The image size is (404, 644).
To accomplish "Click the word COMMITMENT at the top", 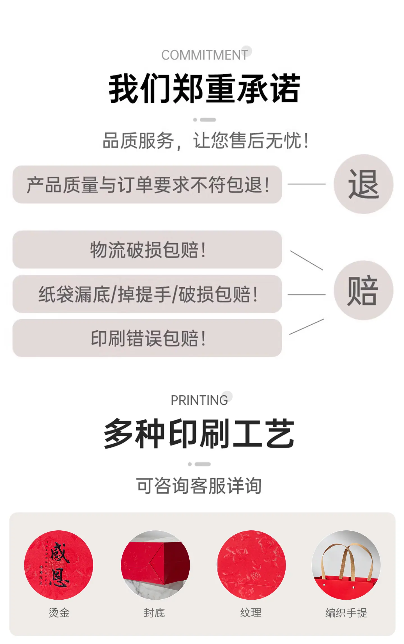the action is (x=205, y=55).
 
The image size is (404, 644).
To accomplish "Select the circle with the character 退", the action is (x=363, y=184).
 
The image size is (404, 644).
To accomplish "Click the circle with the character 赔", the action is (x=363, y=290).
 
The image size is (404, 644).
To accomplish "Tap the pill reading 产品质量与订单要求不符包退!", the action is (x=147, y=184).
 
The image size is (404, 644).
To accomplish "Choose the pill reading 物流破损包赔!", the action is (x=147, y=249).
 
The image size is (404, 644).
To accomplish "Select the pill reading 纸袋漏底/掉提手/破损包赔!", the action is (x=147, y=294).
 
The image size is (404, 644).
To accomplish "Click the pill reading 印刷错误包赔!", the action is (x=147, y=338).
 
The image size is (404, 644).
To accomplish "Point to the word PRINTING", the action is (x=199, y=400).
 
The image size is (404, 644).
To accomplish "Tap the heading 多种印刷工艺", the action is (x=199, y=434).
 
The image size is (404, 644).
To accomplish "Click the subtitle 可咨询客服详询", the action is (x=199, y=486).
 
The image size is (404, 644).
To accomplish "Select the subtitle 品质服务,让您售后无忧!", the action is (x=206, y=141).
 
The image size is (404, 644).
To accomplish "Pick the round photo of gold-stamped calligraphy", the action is (x=59, y=565).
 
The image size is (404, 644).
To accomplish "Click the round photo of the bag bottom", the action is (x=155, y=565).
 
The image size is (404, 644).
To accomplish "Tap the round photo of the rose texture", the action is (x=252, y=565).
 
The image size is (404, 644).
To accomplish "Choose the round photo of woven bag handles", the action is (x=346, y=565).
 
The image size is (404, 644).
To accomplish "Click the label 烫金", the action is (x=59, y=613).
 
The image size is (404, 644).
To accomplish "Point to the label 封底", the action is (x=154, y=613).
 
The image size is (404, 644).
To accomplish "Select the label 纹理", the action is (x=251, y=613).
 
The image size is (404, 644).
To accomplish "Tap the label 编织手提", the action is (x=346, y=613).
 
